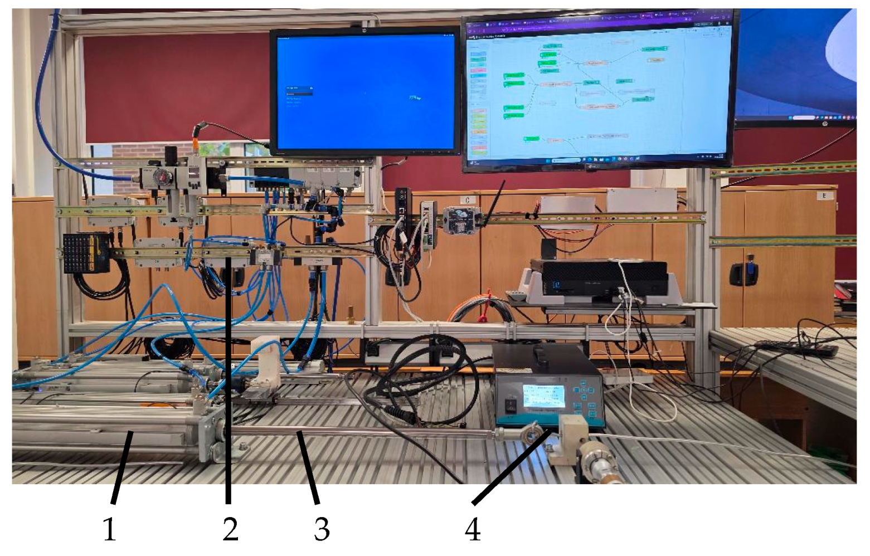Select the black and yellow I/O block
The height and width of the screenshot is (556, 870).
click(x=86, y=252)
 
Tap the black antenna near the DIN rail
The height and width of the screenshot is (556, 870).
click(x=493, y=204)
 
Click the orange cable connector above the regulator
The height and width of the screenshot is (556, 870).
click(x=197, y=131)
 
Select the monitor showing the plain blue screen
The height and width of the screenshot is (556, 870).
click(x=365, y=91)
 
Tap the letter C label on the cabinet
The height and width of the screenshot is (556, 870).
click(x=467, y=200)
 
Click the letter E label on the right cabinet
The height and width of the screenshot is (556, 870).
click(x=823, y=196)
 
